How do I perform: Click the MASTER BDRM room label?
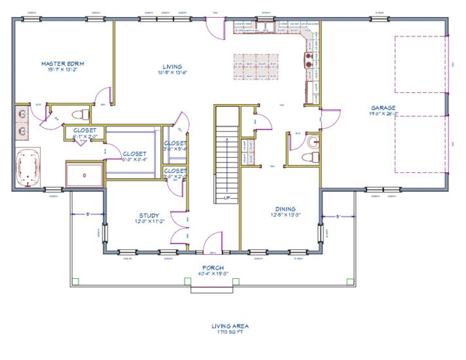[x=63, y=64]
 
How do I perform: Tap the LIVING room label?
[x=172, y=67]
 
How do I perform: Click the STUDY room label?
[x=149, y=215]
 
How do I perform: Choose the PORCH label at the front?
[x=213, y=268]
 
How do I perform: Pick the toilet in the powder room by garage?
[x=310, y=157]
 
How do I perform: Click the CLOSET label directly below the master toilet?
[x=85, y=130]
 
